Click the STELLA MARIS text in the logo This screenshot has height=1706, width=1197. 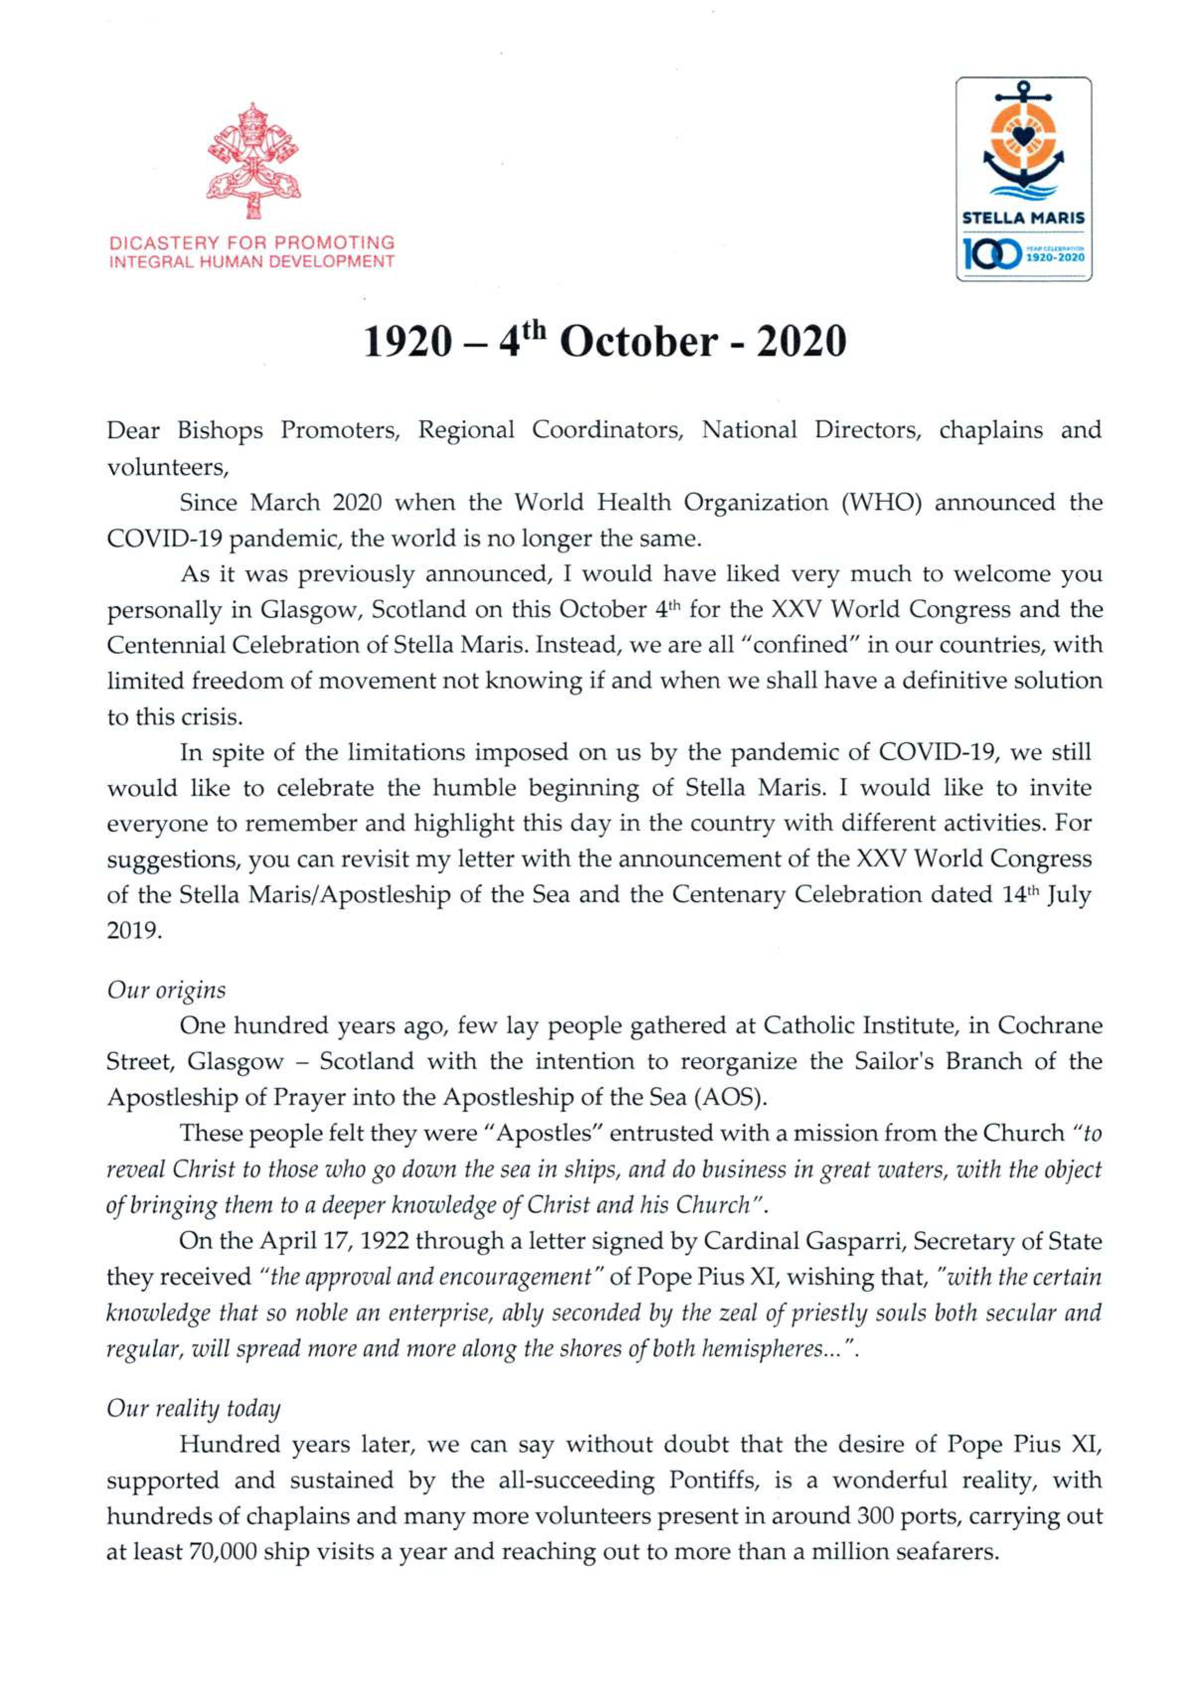point(1023,219)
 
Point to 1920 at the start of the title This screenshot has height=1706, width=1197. point(407,342)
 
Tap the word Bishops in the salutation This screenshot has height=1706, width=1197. point(219,430)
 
